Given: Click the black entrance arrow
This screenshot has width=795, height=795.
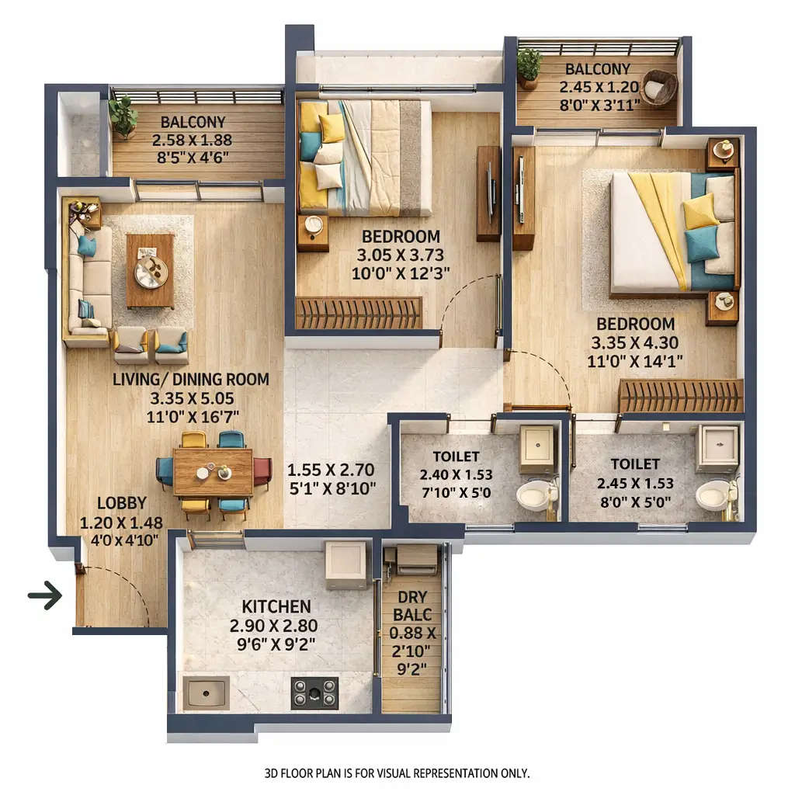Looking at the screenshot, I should pos(45,596).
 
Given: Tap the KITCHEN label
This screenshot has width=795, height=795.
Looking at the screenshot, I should pos(276,606).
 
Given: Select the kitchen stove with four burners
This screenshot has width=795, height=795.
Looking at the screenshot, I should pos(314,693).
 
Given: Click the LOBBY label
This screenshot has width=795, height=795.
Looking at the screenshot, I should pos(122,503).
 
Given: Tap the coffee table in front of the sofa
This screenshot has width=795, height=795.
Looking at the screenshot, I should pos(150,270).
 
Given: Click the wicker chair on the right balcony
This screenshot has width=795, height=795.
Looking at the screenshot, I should pos(659,87).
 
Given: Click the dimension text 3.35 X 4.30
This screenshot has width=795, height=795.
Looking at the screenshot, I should pos(635,342).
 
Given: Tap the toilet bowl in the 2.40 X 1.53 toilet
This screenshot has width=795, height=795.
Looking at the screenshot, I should pos(535,495).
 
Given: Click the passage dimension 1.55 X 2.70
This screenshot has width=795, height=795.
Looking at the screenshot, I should pos(332,470).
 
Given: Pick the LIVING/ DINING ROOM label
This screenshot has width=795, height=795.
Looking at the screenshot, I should pos(191,380).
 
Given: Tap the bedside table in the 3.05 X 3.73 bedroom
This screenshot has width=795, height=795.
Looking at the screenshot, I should pos(313,231).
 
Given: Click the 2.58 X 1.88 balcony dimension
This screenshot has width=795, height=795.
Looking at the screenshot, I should pos(193,141).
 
